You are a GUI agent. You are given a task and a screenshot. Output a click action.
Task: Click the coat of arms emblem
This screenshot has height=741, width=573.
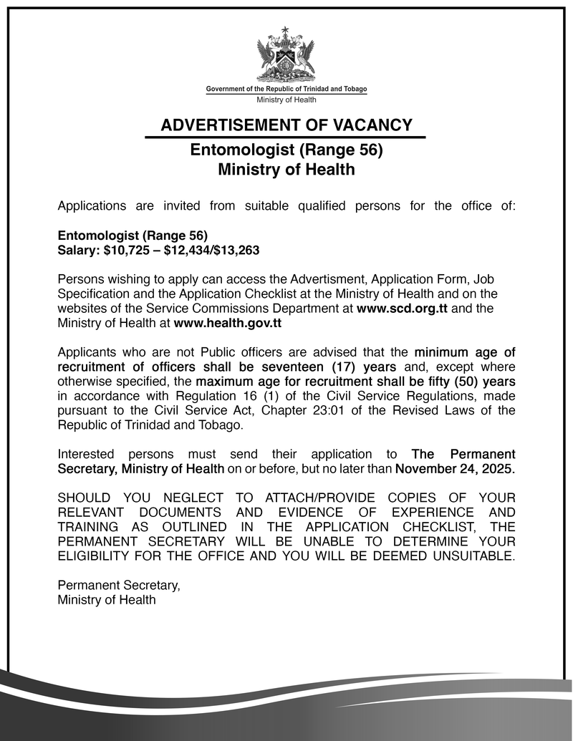click(286, 57)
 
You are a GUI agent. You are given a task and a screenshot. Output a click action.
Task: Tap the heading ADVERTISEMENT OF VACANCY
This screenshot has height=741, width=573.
click(286, 125)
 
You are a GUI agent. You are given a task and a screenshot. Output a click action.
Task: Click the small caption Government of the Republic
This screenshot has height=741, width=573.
click(286, 89)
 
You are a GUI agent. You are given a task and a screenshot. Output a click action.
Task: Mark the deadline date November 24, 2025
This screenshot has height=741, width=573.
click(455, 469)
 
